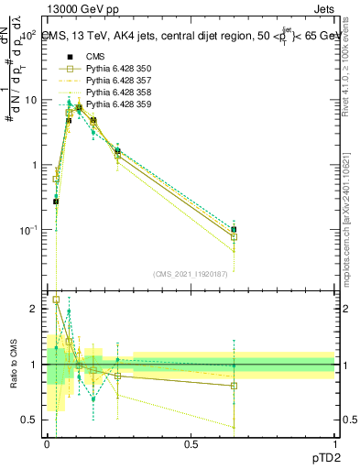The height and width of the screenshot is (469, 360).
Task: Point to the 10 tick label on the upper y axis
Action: pyautogui.click(x=30, y=100)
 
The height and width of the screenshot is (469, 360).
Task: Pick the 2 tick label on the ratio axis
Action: pyautogui.click(x=35, y=309)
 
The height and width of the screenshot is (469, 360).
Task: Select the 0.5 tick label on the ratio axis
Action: pyautogui.click(x=30, y=420)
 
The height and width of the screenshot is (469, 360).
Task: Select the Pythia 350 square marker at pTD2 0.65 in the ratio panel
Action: pyautogui.click(x=234, y=386)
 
